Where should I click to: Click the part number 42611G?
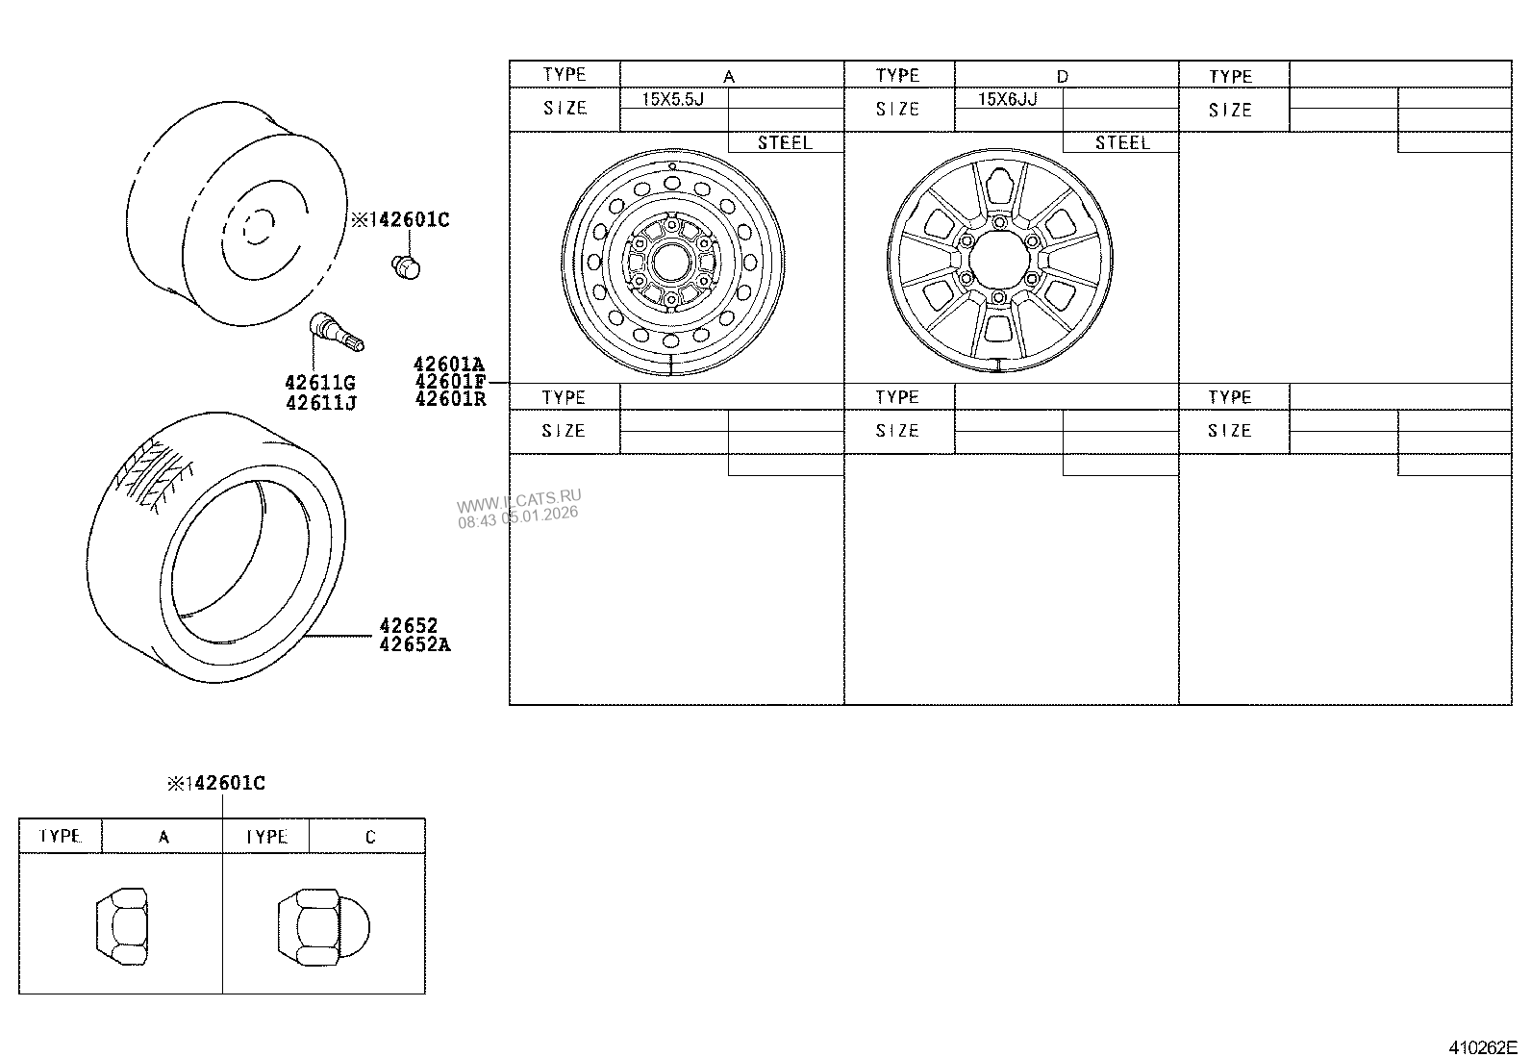(320, 384)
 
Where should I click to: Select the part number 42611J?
(320, 403)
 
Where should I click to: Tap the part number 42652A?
(414, 644)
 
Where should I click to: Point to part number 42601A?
(448, 364)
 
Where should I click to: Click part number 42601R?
(449, 398)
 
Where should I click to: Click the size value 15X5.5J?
(673, 99)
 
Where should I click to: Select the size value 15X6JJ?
(1007, 99)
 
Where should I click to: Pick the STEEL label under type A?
(785, 142)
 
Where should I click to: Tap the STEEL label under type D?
(1121, 142)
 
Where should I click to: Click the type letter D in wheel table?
(1062, 76)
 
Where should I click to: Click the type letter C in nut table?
(370, 838)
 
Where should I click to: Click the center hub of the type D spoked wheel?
(996, 261)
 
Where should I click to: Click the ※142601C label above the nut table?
(216, 783)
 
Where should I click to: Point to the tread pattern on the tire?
(156, 472)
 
